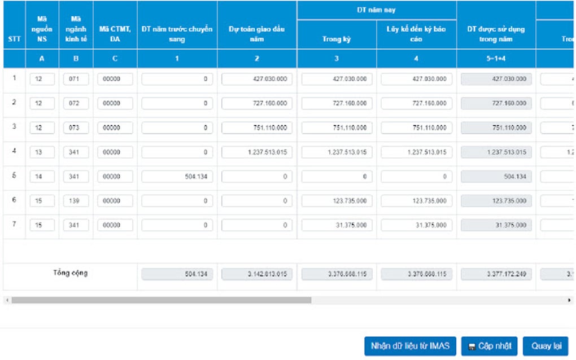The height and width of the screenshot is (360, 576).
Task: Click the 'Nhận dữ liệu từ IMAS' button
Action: [410, 346]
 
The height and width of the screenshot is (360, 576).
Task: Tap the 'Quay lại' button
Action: [546, 346]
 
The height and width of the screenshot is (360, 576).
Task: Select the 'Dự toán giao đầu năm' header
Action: [257, 34]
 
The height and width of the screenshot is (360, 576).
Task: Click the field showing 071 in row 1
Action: [76, 79]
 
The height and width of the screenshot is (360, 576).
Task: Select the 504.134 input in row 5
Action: [177, 177]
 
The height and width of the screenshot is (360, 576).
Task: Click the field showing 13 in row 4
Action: [42, 152]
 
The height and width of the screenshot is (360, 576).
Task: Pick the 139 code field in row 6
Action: [76, 201]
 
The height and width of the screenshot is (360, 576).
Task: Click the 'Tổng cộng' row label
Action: [71, 273]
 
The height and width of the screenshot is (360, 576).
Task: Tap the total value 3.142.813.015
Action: [257, 274]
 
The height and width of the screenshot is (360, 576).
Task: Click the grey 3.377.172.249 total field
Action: [496, 274]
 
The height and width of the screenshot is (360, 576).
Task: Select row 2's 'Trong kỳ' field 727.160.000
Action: [337, 103]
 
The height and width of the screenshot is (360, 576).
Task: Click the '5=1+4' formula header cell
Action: [496, 59]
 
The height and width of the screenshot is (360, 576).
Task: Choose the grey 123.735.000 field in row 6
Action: [496, 201]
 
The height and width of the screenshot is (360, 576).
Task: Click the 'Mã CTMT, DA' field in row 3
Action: [115, 128]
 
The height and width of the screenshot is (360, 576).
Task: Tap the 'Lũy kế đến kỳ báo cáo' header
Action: [416, 34]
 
